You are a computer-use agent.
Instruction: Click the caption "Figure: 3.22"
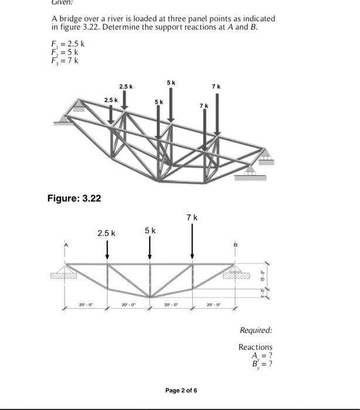tap(74, 198)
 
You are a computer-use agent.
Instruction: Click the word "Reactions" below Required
tap(255, 347)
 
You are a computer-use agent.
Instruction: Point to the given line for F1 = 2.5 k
tap(69, 43)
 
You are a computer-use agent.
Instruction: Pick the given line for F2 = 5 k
tap(66, 52)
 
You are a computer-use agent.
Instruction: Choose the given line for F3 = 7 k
tap(66, 60)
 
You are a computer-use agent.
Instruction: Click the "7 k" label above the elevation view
tap(192, 217)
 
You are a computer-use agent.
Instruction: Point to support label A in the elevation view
tap(66, 244)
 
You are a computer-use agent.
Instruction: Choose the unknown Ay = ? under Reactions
tap(261, 356)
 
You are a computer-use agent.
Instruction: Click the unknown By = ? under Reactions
tap(261, 364)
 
